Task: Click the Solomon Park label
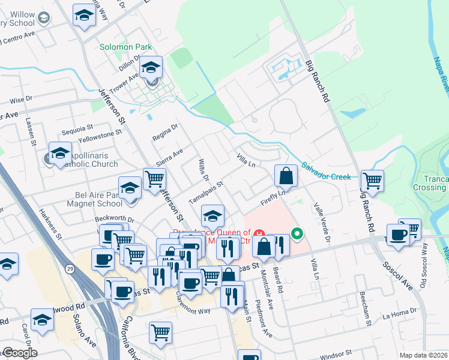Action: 126,47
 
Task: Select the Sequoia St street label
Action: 77,128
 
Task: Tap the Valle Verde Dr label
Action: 321,221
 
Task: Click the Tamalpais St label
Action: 205,193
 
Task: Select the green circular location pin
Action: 296,233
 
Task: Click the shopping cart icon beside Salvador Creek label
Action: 373,179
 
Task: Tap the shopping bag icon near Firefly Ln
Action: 286,176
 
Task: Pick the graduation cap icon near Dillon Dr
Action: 152,67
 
